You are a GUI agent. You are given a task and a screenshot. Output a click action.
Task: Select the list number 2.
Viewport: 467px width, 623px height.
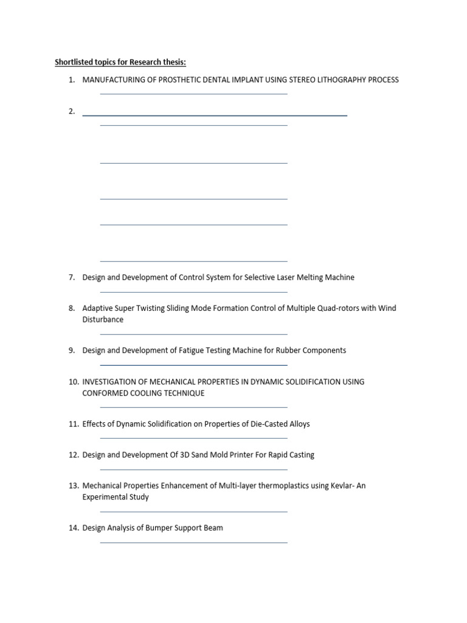point(72,111)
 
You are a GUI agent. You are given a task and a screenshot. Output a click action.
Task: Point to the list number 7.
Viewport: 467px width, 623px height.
point(72,277)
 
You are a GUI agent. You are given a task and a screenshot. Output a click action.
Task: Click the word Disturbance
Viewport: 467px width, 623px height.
point(103,319)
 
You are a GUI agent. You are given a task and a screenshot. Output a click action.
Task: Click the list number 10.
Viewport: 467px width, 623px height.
point(74,382)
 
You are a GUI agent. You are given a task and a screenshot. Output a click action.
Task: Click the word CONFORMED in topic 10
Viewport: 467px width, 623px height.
point(106,393)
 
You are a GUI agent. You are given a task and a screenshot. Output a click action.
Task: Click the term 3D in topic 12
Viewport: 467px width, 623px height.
point(182,455)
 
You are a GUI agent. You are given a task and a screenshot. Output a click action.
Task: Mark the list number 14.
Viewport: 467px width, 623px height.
point(74,528)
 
